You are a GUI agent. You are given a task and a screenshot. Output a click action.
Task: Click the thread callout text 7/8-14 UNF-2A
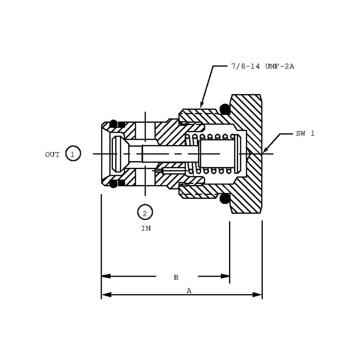[262, 67]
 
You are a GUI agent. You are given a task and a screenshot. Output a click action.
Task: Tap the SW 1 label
[305, 134]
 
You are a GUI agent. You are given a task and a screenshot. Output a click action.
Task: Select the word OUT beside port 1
[52, 154]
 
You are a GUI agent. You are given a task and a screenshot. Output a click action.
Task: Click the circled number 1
[73, 154]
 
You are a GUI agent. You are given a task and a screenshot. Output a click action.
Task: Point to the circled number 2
[145, 213]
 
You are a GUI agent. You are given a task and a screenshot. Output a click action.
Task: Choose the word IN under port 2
[146, 228]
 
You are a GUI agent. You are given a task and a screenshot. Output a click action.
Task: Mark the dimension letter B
[176, 277]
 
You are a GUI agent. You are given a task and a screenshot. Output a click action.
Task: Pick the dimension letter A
[189, 291]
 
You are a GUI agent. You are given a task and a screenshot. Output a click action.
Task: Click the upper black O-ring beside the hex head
[225, 109]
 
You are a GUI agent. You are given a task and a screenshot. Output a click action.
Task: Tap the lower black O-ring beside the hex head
[225, 198]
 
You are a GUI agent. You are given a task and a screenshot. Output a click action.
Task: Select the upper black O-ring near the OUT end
[113, 124]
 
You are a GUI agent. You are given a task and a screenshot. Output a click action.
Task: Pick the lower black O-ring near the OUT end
[113, 183]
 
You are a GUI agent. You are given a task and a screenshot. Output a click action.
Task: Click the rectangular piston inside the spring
[217, 153]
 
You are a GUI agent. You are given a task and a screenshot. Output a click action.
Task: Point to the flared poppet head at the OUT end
[118, 154]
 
